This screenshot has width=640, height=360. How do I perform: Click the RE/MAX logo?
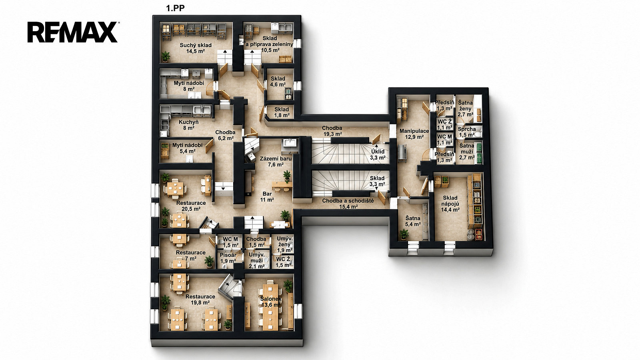coord(73,32)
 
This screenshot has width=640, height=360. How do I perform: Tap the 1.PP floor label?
coord(175,8)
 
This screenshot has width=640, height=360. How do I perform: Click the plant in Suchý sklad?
coord(165,56)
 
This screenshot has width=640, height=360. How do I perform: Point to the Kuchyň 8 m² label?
coord(188,125)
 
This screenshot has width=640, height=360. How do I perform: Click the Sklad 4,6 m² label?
coord(278,82)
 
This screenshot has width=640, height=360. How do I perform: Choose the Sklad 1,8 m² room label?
coord(282,112)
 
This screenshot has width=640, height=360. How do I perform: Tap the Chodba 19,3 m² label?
coord(332,131)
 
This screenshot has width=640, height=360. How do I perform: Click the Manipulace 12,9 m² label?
coord(414,134)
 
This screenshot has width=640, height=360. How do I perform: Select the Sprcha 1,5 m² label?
coord(467,132)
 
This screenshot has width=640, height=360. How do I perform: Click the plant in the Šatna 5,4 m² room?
coord(404,234)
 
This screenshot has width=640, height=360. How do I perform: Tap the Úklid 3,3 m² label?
coord(378,154)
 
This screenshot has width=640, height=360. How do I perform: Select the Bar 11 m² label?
coord(267,196)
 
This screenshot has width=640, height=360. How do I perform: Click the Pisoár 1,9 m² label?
coord(228,258)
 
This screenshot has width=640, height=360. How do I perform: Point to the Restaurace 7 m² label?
coord(190,256)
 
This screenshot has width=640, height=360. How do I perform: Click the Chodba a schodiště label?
coord(348,204)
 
